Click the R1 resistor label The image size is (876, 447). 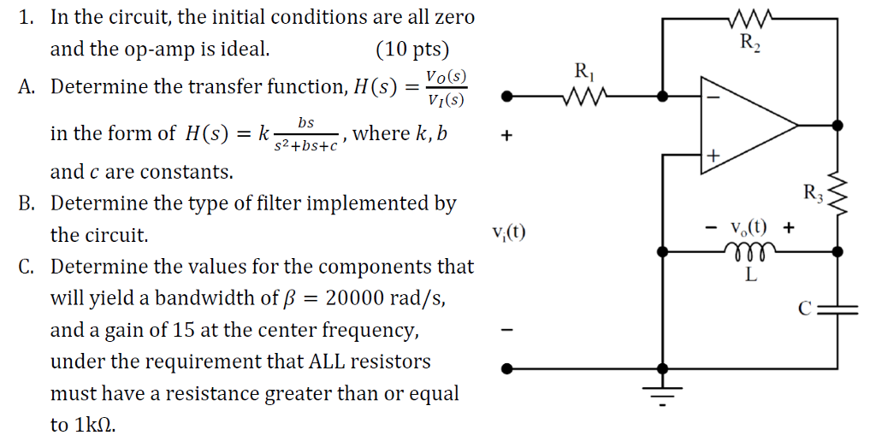coord(585,71)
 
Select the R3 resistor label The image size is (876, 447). coord(813,194)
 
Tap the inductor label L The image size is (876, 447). coord(750,274)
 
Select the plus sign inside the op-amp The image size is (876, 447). coord(712,155)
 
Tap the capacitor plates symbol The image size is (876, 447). coord(838,309)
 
